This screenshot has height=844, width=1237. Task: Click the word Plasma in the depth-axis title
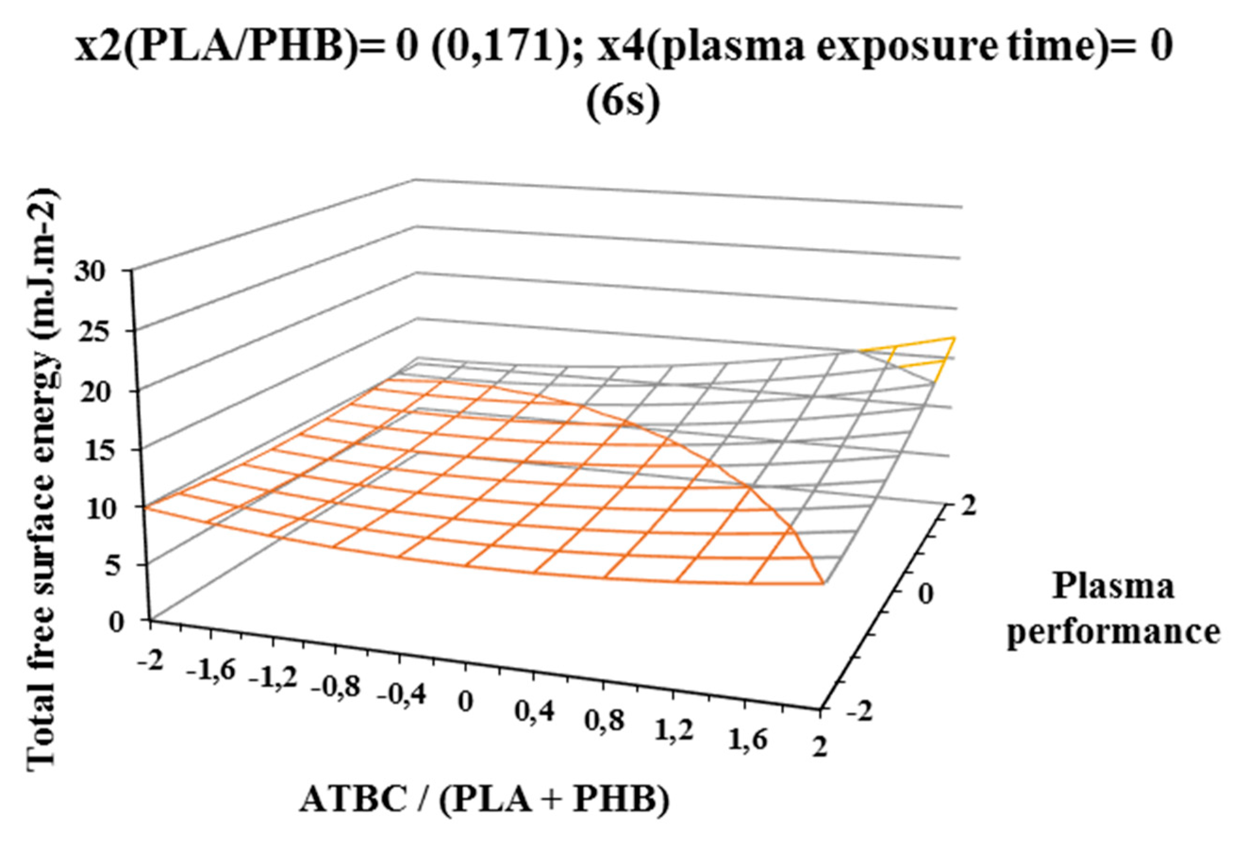pyautogui.click(x=1113, y=587)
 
